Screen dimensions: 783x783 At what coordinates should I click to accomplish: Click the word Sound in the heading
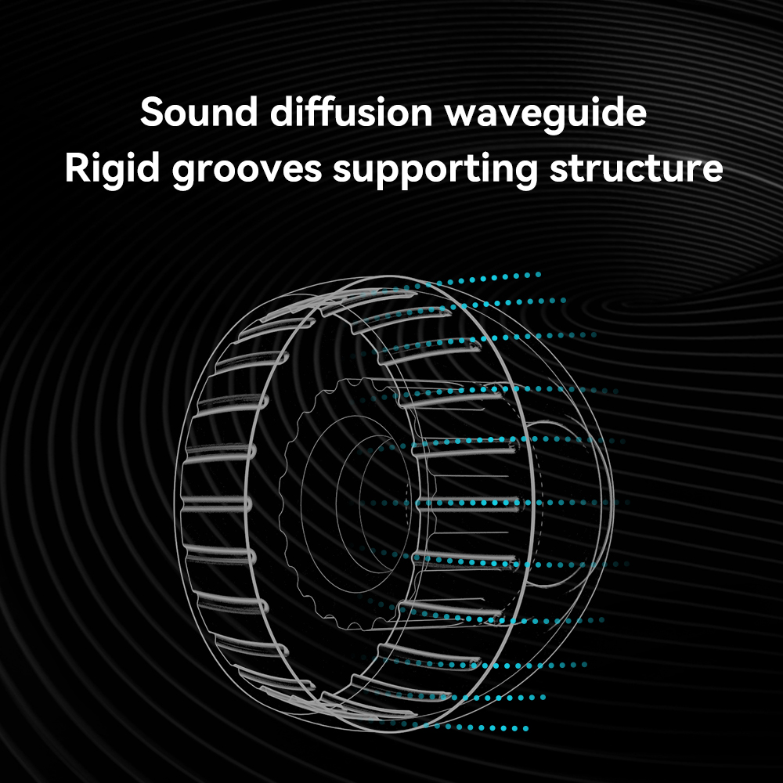pyautogui.click(x=199, y=114)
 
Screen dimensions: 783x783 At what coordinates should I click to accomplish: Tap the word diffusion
pyautogui.click(x=351, y=114)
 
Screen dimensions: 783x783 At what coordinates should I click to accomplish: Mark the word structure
pyautogui.click(x=635, y=170)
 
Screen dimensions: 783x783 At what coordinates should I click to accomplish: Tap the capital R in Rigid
pyautogui.click(x=77, y=170)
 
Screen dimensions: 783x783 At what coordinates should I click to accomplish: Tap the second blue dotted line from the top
pyautogui.click(x=509, y=300)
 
